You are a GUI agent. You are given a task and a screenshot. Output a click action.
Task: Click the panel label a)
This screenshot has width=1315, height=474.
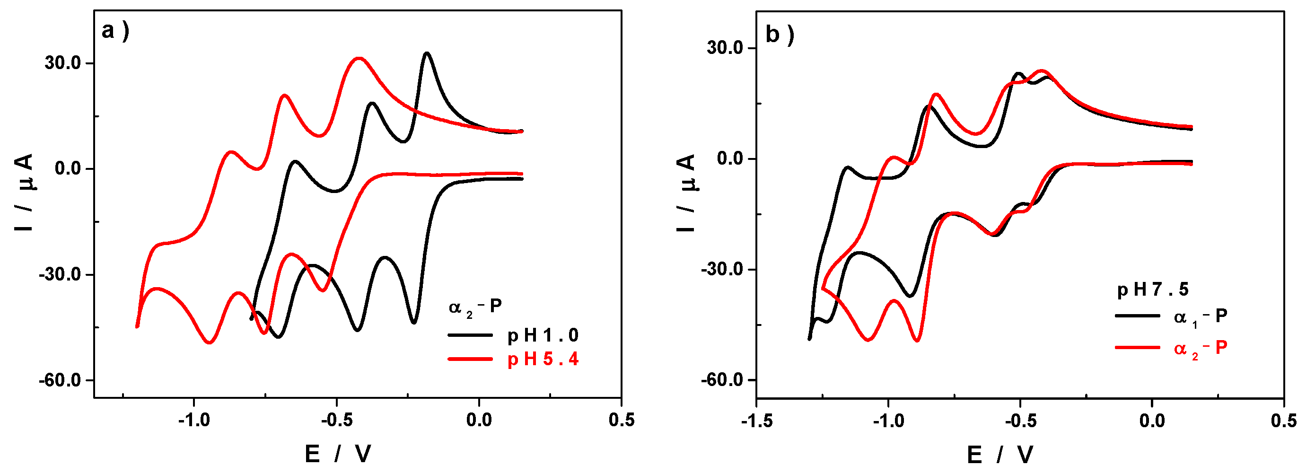tap(115, 32)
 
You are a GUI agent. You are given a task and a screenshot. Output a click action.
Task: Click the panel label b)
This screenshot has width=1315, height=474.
tap(780, 35)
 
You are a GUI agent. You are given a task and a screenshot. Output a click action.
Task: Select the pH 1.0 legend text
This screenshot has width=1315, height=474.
tap(543, 335)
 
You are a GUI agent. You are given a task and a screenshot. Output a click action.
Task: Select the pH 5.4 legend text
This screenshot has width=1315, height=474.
tap(543, 360)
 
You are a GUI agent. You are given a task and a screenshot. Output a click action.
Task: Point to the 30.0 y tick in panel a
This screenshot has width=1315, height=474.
tap(63, 63)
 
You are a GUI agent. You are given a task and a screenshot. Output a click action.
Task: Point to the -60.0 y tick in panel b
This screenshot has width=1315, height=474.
tap(721, 380)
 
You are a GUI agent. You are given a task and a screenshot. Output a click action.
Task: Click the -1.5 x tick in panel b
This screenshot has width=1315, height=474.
tap(756, 421)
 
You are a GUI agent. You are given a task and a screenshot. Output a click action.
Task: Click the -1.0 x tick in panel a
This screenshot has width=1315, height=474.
tap(194, 420)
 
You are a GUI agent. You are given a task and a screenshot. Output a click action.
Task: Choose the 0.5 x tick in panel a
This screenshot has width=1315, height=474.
tap(621, 420)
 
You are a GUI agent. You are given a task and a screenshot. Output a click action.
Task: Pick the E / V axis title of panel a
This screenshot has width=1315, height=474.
tap(338, 454)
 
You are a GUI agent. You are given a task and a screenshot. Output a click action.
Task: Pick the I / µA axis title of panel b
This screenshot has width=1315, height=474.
tap(687, 193)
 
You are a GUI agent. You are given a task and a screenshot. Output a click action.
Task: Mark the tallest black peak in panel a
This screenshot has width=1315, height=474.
tap(426, 53)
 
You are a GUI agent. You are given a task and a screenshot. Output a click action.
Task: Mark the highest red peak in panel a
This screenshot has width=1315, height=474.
tap(359, 58)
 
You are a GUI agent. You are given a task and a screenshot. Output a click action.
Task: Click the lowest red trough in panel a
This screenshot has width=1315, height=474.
tap(209, 342)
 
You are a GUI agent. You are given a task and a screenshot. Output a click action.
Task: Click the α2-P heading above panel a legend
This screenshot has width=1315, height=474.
tap(475, 307)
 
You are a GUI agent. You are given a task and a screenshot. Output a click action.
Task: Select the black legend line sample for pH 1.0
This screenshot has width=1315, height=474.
tap(470, 335)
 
